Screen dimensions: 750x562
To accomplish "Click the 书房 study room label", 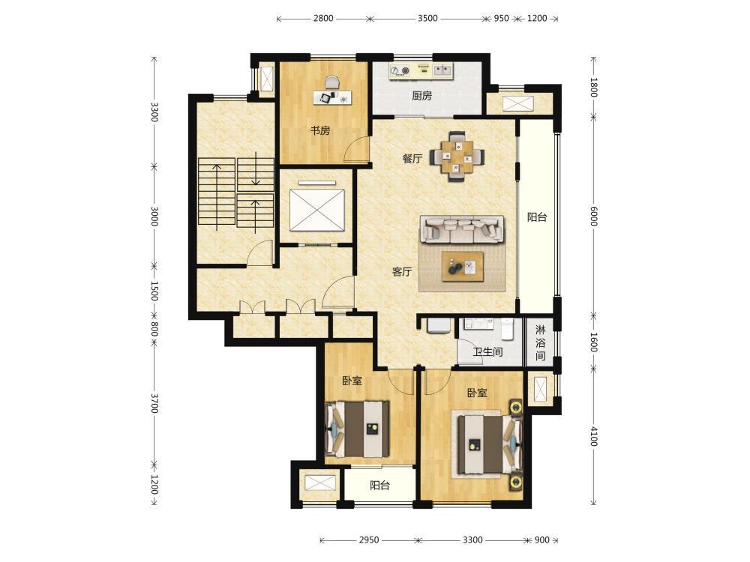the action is pos(320,130).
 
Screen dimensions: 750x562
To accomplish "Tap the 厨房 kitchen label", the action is pos(421,96).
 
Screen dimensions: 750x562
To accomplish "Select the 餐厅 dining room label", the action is pos(412,159).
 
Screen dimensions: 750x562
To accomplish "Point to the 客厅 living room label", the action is pos(402,272).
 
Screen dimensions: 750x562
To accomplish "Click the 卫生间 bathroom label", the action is pos(488,352).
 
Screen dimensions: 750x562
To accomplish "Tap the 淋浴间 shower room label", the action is pos(541,342).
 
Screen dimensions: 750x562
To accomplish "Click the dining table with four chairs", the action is pos(457,157).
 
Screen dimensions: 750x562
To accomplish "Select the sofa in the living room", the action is pos(462,229).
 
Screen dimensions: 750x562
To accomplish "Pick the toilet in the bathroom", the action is pos(507,328).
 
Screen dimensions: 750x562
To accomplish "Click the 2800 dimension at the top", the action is pos(323,18).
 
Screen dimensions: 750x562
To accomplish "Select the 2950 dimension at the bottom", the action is pos(369,540).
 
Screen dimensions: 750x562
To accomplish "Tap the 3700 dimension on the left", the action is pos(154,403).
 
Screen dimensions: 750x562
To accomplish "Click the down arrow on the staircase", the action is pos(256,168).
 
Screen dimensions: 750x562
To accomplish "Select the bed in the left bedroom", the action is pos(357,429).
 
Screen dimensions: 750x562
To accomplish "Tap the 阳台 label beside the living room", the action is pos(537,217).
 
